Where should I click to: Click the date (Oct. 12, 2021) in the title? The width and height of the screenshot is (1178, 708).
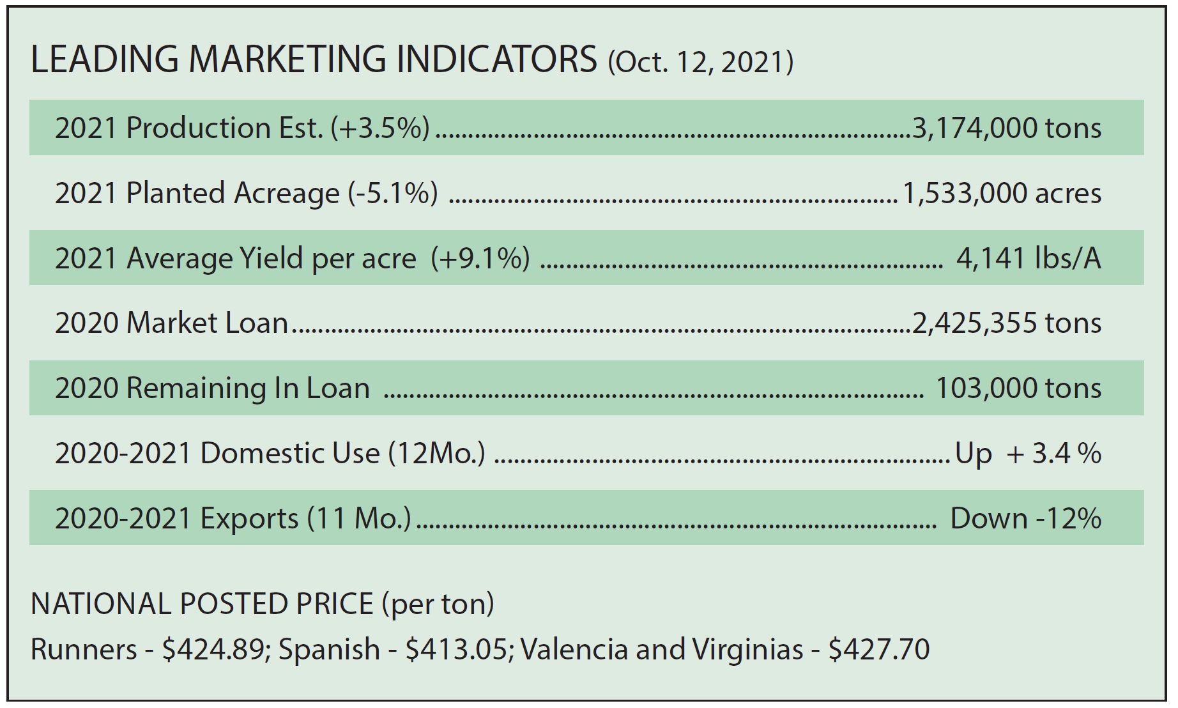tap(700, 62)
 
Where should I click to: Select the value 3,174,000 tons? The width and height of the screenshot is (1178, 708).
tap(1007, 128)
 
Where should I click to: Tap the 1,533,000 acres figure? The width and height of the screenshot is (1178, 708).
tap(1002, 193)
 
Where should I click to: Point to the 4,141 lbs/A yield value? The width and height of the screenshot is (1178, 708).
tap(1029, 258)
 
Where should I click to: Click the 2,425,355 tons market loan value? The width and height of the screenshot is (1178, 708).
tap(1007, 323)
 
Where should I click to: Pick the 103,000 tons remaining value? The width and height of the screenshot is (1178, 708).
tap(1018, 389)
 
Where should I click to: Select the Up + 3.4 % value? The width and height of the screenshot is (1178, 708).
tap(1028, 454)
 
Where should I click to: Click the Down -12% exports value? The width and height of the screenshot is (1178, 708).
tap(1025, 518)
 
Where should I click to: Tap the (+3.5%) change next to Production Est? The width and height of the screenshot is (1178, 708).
tap(380, 128)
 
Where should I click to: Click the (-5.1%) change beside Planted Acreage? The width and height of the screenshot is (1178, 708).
tap(393, 193)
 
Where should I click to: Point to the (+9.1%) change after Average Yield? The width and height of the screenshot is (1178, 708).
tap(480, 258)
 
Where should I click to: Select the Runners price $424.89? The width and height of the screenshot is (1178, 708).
tap(213, 650)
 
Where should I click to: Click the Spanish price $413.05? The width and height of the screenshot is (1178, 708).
tap(457, 650)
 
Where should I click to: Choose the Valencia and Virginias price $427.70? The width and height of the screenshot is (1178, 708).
tap(878, 650)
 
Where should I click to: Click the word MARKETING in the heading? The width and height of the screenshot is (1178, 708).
tap(287, 59)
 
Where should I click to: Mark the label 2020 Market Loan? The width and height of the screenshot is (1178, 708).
tap(171, 323)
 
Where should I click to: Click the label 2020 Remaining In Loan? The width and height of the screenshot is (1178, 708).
tap(212, 389)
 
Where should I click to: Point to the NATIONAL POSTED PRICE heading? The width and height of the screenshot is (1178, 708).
tap(202, 604)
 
